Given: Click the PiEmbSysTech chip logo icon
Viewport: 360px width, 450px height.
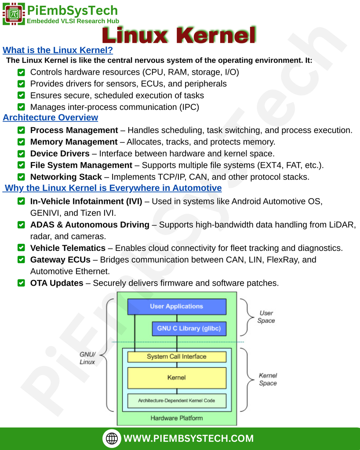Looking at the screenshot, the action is click(x=14, y=14).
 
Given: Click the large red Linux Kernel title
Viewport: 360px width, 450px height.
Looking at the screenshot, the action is click(x=178, y=35).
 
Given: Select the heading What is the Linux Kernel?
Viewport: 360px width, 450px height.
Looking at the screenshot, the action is click(x=58, y=50).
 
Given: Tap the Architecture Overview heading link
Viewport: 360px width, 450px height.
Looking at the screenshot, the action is click(x=51, y=117).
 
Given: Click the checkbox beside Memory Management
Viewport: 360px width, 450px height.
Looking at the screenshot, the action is click(x=21, y=142).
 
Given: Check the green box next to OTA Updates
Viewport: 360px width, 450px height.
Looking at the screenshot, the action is click(x=21, y=283).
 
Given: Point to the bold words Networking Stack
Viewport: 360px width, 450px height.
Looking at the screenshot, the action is click(x=66, y=177).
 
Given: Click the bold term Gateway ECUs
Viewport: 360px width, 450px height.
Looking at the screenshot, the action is click(x=60, y=260).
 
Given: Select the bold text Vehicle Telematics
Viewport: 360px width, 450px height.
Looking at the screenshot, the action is click(x=68, y=248).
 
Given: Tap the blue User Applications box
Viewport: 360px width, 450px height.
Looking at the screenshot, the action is click(x=177, y=306).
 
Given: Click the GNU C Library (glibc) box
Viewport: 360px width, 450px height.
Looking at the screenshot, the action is click(x=189, y=328).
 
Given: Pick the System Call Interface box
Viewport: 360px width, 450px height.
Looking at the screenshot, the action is click(x=177, y=357).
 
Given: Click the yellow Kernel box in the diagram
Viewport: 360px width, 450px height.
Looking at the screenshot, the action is click(x=177, y=377).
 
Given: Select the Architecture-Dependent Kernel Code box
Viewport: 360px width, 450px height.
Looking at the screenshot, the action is click(x=177, y=401).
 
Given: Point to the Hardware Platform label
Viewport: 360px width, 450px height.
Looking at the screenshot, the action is click(x=177, y=418).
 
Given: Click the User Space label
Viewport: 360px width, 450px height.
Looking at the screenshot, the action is click(x=266, y=317).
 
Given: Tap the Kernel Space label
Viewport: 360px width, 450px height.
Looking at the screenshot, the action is click(x=268, y=379).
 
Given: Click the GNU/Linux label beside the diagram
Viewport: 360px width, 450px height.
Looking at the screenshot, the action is click(x=87, y=358).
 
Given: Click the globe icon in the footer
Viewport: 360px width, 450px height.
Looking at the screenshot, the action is click(x=112, y=438).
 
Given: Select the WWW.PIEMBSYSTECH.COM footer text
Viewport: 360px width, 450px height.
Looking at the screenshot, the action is click(x=189, y=439).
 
